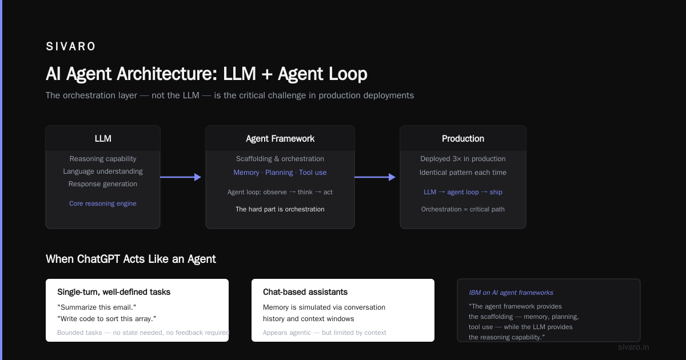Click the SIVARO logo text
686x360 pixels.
pos(70,46)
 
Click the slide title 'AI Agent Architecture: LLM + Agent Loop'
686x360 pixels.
pos(206,74)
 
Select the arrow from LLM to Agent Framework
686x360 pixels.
pos(181,177)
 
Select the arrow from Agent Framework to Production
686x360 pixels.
pos(375,177)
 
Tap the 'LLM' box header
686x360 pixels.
pos(103,138)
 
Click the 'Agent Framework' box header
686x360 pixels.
pos(280,139)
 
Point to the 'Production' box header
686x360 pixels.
pos(462,138)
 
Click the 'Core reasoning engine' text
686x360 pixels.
pos(102,203)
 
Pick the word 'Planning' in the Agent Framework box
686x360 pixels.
pos(279,173)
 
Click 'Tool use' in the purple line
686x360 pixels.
pos(313,173)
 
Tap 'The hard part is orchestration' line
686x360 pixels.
pos(280,209)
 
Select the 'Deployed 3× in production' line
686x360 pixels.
pos(462,159)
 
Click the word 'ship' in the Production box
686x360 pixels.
pos(496,192)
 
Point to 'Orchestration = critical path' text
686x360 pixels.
pos(462,209)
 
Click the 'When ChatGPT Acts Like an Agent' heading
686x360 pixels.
pos(131,259)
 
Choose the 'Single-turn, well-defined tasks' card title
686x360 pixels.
pos(114,292)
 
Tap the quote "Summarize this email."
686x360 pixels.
pos(97,307)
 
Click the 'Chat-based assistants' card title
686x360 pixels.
pos(305,292)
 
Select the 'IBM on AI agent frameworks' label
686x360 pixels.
pos(511,293)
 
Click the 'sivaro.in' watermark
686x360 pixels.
pos(633,347)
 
